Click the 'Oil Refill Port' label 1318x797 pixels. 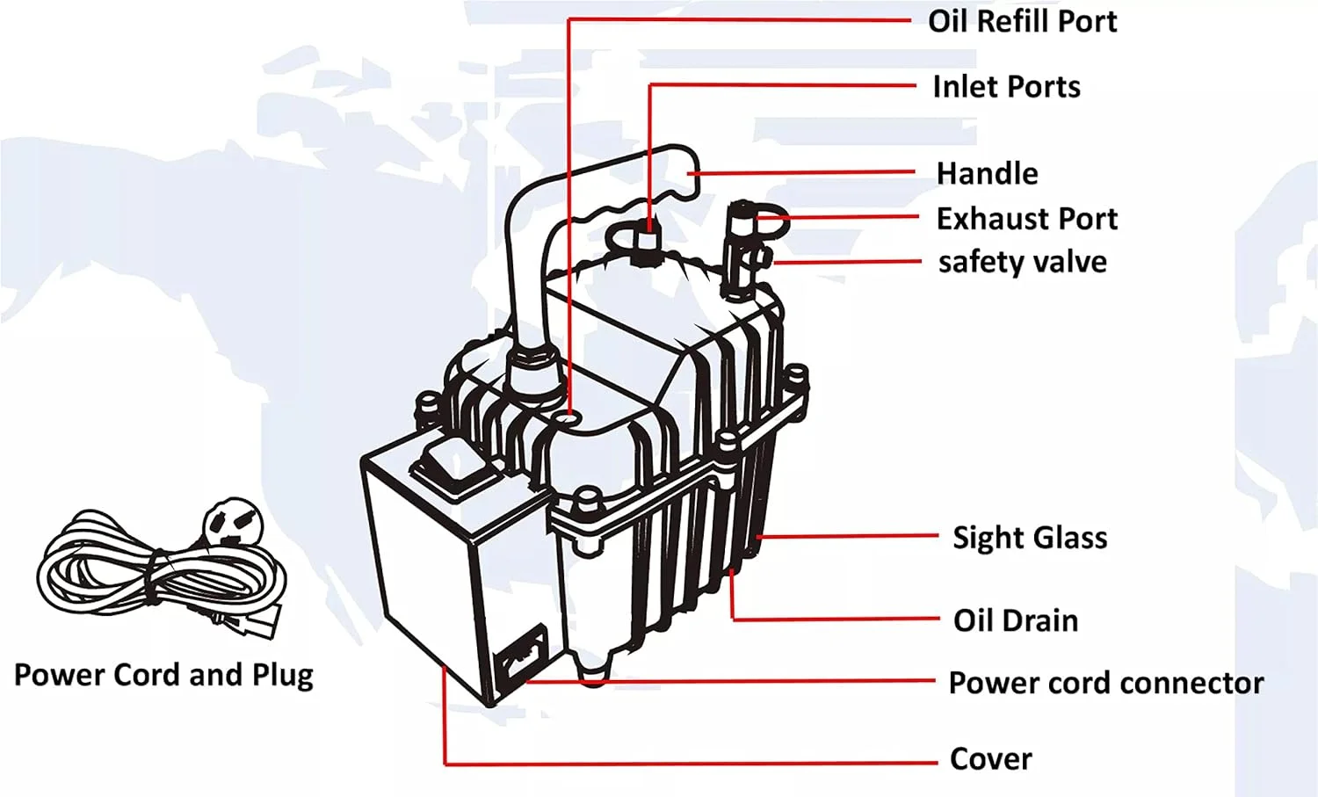click(1022, 21)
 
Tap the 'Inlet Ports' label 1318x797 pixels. click(1006, 87)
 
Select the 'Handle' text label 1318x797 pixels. click(987, 173)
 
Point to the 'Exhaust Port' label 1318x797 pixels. click(1026, 218)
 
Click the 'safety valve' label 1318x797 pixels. click(1022, 262)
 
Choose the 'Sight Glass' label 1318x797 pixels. click(1030, 537)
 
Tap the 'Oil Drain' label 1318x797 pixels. click(1015, 620)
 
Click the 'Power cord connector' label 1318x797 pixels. click(1105, 683)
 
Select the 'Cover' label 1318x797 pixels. click(990, 758)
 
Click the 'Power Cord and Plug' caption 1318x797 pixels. click(163, 675)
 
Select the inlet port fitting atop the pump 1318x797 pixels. click(648, 237)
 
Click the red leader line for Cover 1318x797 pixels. click(685, 763)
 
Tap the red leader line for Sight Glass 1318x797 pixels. click(848, 535)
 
